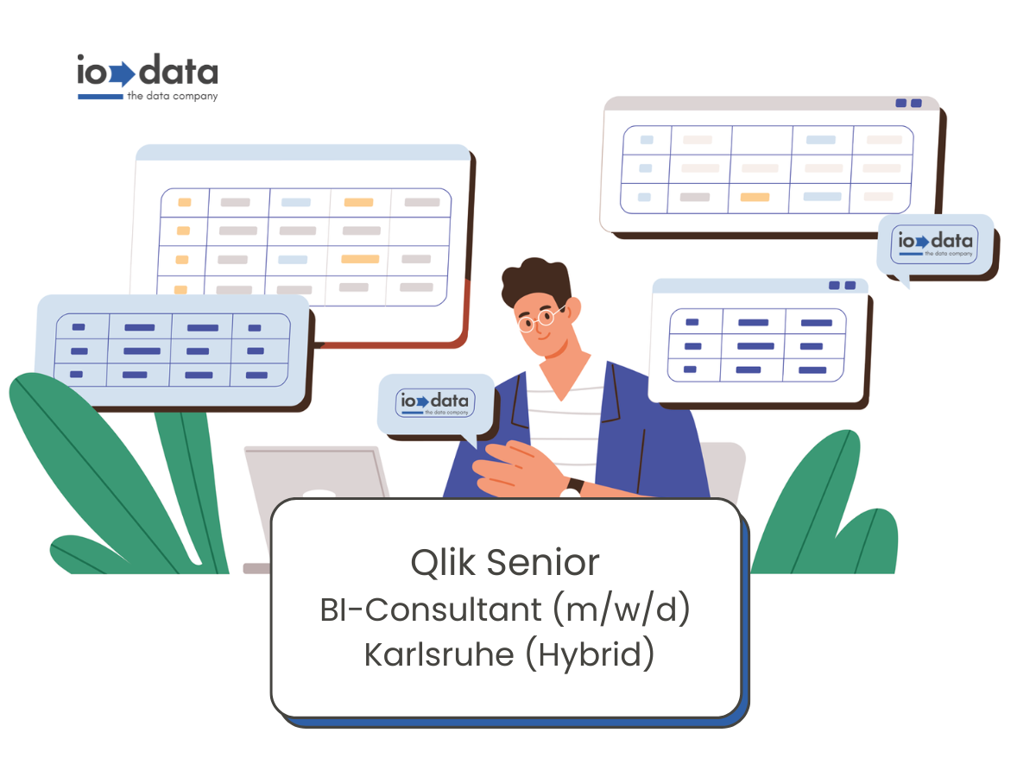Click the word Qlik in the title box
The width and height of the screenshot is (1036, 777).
[443, 563]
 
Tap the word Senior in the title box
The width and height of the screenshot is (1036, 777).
[543, 563]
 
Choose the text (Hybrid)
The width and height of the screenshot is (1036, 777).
[590, 654]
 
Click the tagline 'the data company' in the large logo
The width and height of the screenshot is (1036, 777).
[173, 96]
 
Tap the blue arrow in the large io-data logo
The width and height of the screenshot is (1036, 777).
[123, 74]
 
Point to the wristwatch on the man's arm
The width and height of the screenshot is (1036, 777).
[575, 485]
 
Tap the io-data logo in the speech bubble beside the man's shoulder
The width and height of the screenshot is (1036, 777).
[435, 403]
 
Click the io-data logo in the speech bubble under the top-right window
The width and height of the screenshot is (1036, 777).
[934, 244]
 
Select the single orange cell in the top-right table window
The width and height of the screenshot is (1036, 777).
[755, 197]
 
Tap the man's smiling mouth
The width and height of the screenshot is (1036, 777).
[544, 337]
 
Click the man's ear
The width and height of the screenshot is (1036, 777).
[573, 311]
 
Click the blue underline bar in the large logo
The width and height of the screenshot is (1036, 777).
[100, 97]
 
